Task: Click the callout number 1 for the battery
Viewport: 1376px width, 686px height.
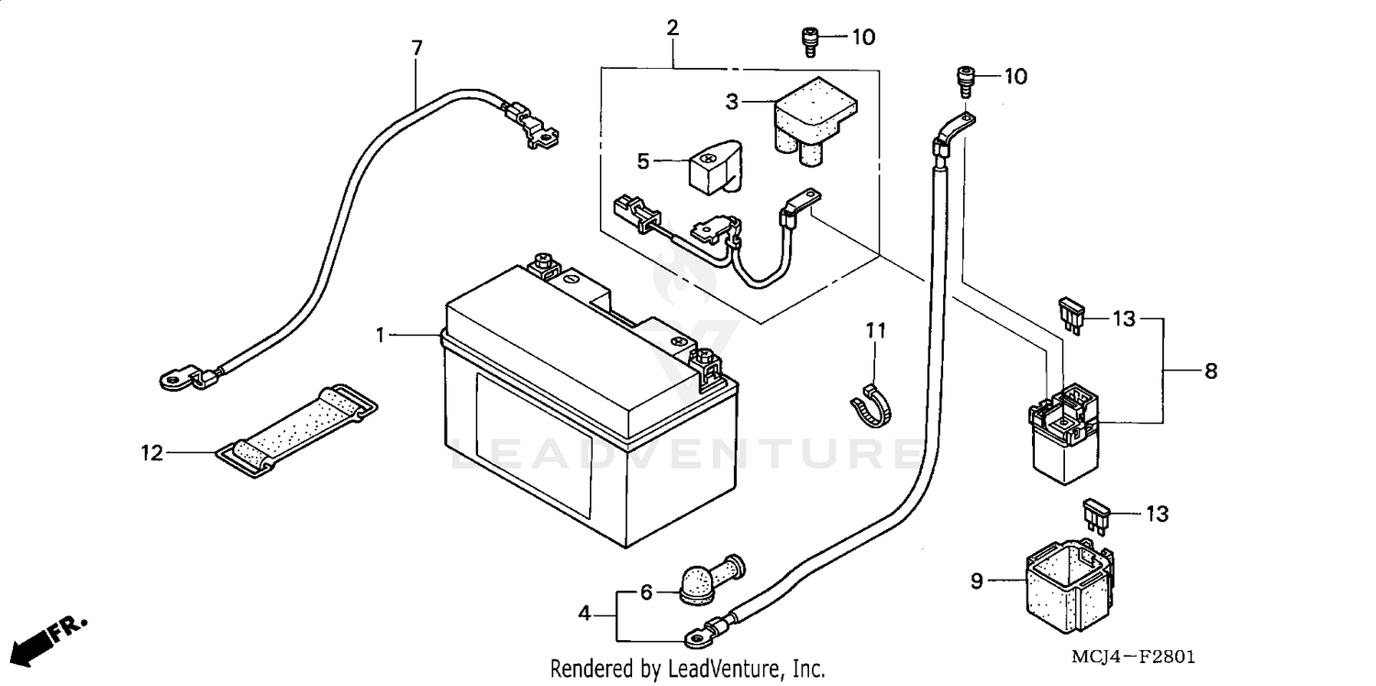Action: click(380, 336)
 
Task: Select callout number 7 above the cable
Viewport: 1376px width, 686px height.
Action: click(417, 49)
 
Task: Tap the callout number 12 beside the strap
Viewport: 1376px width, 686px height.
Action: click(152, 452)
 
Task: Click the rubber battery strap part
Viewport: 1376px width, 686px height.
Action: click(298, 427)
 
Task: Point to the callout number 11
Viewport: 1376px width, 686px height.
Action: click(876, 330)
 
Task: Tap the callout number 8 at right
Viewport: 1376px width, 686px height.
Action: click(1211, 371)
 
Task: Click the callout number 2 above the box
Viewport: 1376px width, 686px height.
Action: click(672, 28)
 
